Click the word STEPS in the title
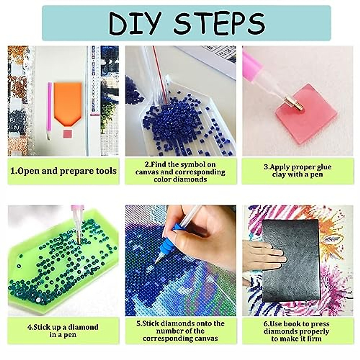219,23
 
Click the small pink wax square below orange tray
68,133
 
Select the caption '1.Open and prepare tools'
63,171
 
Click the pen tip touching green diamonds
79,240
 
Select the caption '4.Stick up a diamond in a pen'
63,331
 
